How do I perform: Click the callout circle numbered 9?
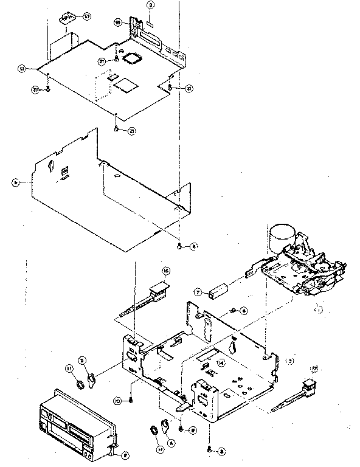pyautogui.click(x=151, y=5)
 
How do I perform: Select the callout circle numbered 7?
pyautogui.click(x=198, y=292)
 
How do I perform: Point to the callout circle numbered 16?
pyautogui.click(x=165, y=270)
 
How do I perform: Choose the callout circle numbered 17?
pyautogui.click(x=314, y=368)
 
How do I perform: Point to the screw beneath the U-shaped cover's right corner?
pyautogui.click(x=180, y=246)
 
